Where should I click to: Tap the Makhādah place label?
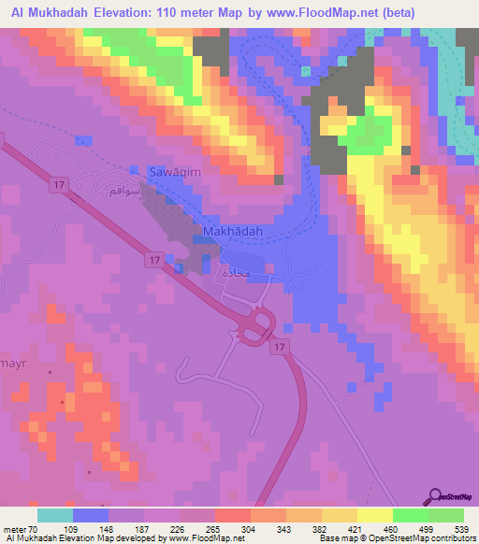[231, 231]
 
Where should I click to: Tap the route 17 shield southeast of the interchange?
[279, 347]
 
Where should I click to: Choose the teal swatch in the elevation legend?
[55, 515]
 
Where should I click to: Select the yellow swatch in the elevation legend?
[374, 515]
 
